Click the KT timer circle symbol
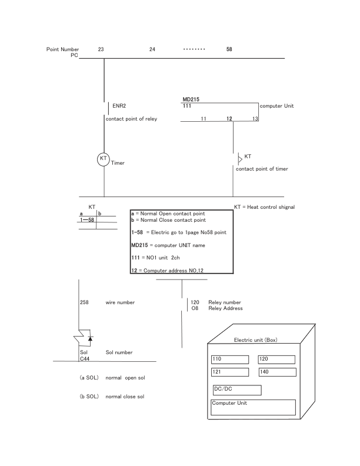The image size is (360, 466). click(104, 159)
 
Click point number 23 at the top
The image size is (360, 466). click(101, 49)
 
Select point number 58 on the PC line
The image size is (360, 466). click(229, 49)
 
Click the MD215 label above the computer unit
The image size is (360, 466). click(191, 100)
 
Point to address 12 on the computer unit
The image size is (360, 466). click(229, 119)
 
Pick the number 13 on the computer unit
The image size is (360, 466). click(255, 119)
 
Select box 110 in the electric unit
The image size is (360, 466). click(229, 359)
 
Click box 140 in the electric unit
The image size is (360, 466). click(276, 372)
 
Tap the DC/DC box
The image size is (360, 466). click(236, 390)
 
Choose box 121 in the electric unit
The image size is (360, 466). click(229, 372)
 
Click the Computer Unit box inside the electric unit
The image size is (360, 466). click(253, 407)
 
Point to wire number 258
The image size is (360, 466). click(84, 302)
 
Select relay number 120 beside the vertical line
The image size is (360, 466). click(196, 302)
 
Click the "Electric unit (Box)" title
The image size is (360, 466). click(255, 340)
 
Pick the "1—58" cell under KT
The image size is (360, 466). click(87, 219)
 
